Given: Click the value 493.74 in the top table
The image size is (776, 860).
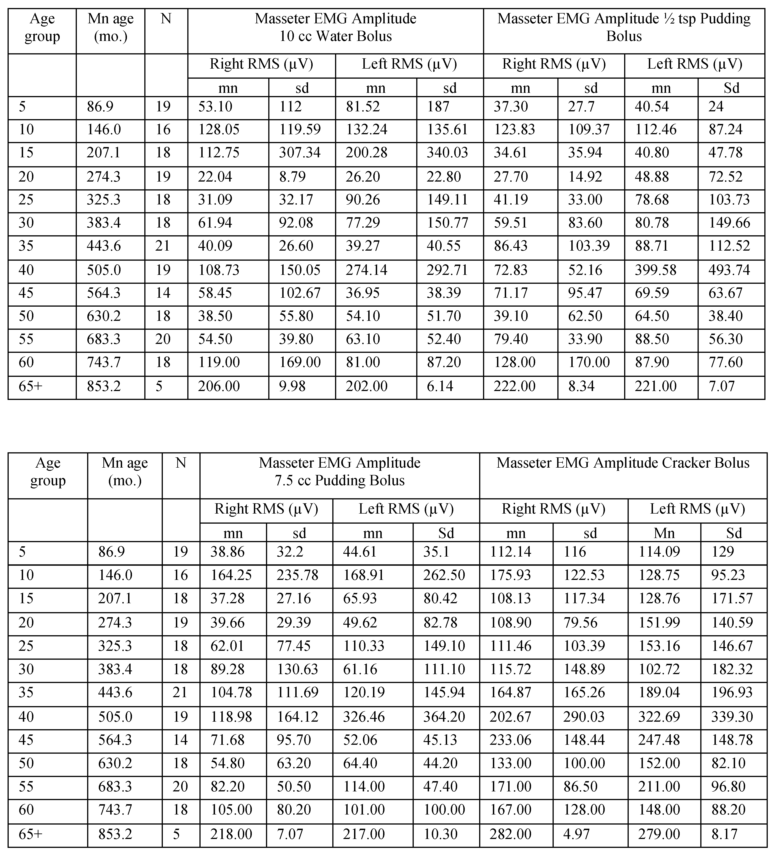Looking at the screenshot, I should point(729,270).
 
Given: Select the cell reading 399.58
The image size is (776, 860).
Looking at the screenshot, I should point(655,270).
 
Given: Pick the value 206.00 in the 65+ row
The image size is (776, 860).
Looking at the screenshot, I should point(219,386).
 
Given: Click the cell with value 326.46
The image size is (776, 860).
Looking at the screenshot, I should point(364,716).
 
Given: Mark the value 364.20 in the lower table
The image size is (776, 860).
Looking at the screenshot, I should point(444,716).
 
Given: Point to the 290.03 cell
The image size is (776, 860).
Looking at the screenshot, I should point(584,716).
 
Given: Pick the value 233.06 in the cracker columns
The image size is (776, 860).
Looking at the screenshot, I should point(510,739).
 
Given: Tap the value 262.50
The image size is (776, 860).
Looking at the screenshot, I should point(444,575).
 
